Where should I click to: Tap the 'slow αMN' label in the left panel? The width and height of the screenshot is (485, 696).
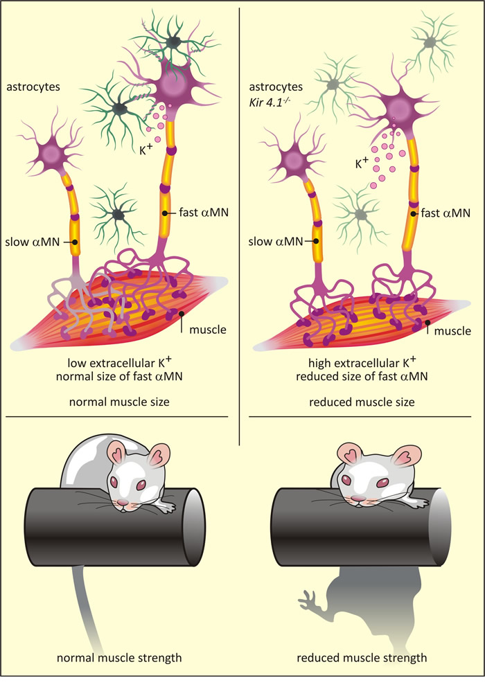coord(33,242)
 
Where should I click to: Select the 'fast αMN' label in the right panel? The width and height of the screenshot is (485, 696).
coord(446,213)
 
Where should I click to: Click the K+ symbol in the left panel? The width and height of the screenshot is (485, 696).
coord(146,150)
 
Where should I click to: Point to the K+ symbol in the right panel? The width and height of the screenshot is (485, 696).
coord(362,163)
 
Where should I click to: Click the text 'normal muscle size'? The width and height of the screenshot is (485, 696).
coord(119,402)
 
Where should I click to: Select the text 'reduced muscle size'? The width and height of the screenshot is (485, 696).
coord(362,402)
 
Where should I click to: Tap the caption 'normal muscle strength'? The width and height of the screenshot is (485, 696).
coord(119,658)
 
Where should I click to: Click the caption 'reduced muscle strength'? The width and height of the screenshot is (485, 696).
coord(362,658)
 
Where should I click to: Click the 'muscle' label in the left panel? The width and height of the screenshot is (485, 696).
coord(208,330)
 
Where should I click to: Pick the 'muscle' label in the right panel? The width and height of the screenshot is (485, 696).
coord(452,331)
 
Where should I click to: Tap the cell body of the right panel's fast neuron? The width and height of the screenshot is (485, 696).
coord(399,108)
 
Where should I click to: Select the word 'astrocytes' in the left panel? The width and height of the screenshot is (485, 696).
coord(33,87)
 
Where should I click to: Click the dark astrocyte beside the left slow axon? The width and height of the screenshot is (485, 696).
coord(118,215)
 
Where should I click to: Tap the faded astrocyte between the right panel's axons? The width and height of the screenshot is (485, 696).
coord(361,215)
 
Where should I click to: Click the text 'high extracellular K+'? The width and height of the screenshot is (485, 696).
coord(362,362)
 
